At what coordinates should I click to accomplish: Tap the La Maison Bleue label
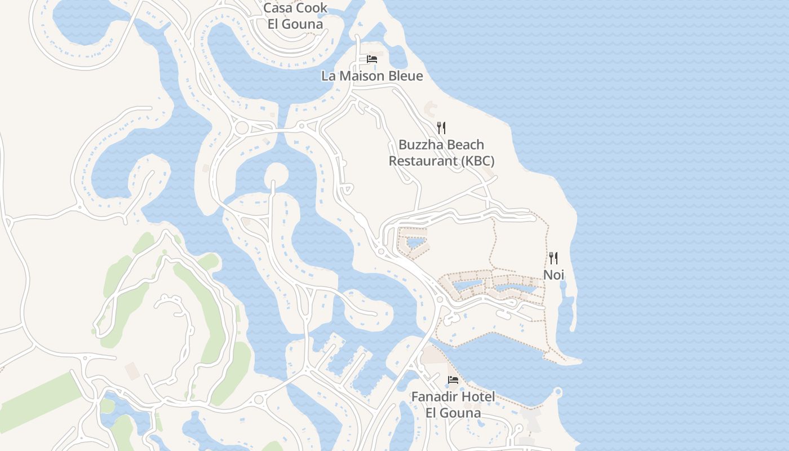372,76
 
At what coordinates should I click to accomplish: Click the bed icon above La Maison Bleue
372,59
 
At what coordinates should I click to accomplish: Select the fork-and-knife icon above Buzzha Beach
441,128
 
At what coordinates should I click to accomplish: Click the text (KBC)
478,161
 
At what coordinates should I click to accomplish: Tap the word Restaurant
423,161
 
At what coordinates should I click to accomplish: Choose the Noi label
553,275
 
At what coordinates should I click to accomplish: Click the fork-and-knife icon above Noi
553,258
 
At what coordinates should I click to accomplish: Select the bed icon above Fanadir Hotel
453,380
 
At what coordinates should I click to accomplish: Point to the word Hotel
478,396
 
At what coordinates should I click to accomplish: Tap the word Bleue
404,76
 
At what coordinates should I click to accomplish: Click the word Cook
312,9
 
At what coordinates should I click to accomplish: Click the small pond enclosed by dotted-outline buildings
416,243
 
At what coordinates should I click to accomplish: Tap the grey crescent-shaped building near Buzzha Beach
429,107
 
